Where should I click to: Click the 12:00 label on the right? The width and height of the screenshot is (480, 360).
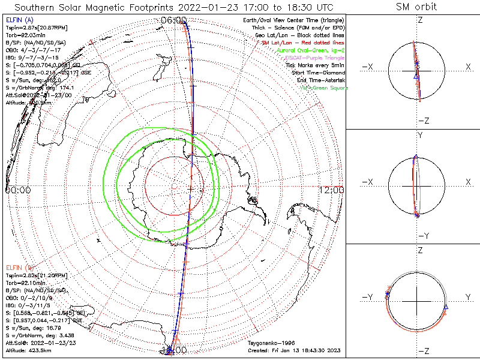pos(332,190)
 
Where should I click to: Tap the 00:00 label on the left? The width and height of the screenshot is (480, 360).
pos(17,190)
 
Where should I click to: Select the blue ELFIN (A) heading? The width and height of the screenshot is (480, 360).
pos(19,19)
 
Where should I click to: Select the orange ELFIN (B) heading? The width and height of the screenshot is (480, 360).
pos(19,266)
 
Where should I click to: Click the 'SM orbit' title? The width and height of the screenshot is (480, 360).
pos(416,7)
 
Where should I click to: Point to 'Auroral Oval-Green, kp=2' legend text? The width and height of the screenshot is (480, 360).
pos(310,51)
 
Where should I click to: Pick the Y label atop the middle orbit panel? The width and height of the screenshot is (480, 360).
pos(420,136)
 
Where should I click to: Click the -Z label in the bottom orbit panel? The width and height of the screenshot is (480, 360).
pos(422,352)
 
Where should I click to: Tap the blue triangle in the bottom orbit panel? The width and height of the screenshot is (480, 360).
pos(446,307)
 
